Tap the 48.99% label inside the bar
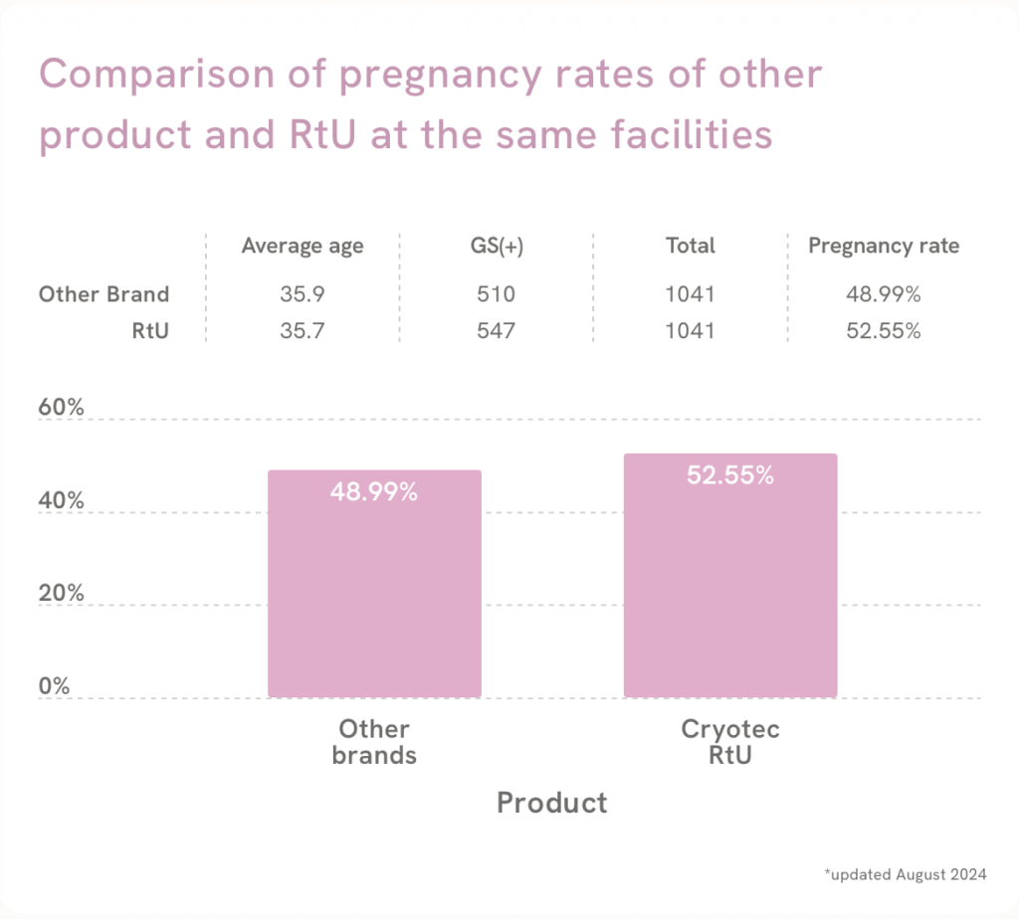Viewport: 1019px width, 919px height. (x=373, y=491)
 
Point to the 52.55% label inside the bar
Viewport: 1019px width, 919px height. (x=729, y=475)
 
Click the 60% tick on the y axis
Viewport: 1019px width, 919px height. (x=61, y=410)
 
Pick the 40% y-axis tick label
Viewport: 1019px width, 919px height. (x=61, y=501)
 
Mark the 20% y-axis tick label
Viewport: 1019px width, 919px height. (x=61, y=594)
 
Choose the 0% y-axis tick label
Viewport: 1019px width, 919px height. (x=56, y=686)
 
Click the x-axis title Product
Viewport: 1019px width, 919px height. (x=551, y=803)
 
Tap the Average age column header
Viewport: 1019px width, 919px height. (x=303, y=246)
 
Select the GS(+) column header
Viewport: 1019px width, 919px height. (x=496, y=246)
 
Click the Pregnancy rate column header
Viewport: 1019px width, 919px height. (x=884, y=246)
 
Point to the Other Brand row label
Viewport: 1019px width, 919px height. (x=103, y=294)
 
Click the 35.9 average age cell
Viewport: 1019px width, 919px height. (x=303, y=294)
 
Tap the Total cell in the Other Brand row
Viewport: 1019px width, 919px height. (x=691, y=294)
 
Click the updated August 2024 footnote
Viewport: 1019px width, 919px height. (x=906, y=875)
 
